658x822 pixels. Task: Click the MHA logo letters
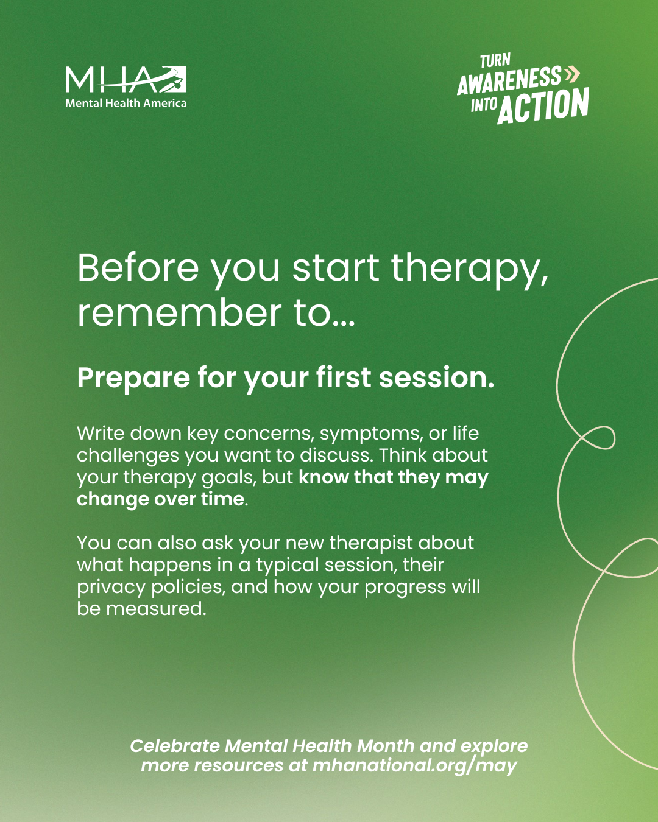pyautogui.click(x=126, y=79)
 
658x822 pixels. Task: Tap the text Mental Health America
pyautogui.click(x=126, y=103)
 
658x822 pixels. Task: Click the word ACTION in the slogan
pyautogui.click(x=543, y=106)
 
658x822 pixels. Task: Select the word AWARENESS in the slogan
pyautogui.click(x=509, y=80)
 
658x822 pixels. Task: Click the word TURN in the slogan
pyautogui.click(x=495, y=61)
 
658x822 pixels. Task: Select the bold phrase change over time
pyautogui.click(x=161, y=499)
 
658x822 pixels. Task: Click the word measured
pyautogui.click(x=156, y=609)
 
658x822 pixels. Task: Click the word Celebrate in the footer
pyautogui.click(x=175, y=746)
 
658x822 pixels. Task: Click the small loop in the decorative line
pyautogui.click(x=600, y=437)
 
